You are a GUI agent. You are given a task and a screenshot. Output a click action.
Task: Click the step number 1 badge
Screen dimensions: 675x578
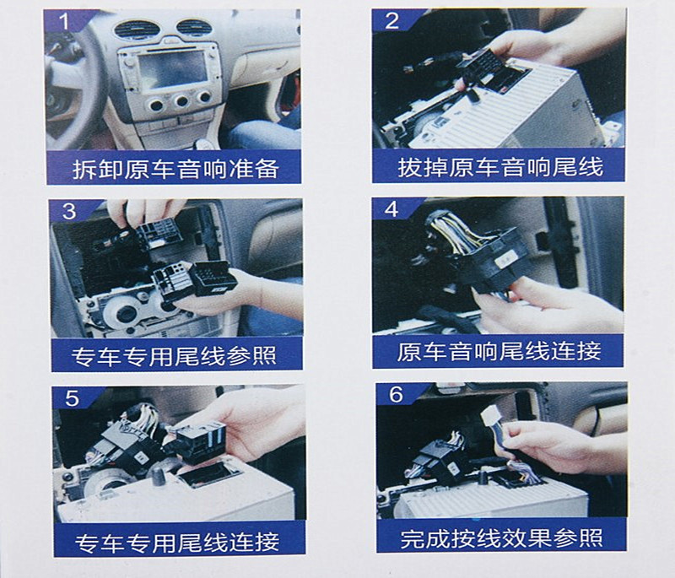click(65, 20)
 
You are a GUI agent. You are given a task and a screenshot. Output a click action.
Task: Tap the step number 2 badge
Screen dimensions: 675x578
click(391, 20)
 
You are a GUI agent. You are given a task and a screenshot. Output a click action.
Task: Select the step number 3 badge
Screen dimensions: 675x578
click(69, 210)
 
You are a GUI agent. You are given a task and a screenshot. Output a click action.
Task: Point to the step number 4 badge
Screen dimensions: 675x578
click(391, 208)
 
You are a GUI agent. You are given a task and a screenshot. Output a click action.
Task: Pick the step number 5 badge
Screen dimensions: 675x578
click(72, 398)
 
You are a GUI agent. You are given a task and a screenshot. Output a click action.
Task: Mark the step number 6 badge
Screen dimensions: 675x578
click(396, 395)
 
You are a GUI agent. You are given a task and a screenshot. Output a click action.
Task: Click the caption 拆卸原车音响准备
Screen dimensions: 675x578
click(175, 169)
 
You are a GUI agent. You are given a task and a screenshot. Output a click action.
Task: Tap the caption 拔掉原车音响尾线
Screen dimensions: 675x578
click(500, 166)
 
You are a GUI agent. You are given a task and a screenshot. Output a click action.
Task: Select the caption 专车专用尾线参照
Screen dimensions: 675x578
click(174, 356)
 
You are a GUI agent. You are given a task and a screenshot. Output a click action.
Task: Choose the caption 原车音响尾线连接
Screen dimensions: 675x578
click(499, 352)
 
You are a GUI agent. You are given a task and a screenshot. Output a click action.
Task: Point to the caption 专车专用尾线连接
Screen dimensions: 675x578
click(177, 542)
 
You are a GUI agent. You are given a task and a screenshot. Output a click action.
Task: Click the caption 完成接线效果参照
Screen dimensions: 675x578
click(501, 537)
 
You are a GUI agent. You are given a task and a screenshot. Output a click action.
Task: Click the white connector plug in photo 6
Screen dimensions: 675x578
click(490, 416)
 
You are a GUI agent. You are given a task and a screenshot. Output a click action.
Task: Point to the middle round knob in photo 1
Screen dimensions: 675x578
click(181, 101)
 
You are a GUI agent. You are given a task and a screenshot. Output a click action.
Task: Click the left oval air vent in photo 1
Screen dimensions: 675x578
click(137, 30)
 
